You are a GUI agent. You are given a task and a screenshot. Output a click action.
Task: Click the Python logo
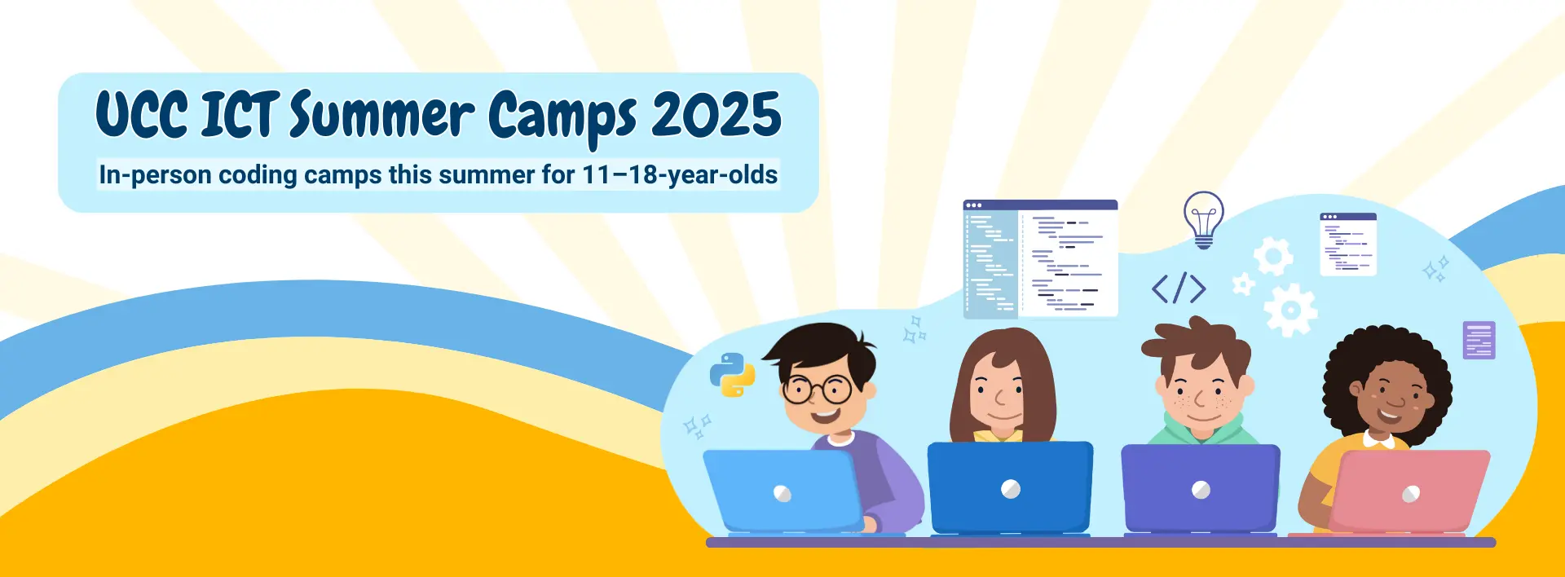click(732, 375)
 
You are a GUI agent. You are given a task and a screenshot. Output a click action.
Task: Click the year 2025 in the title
click(716, 115)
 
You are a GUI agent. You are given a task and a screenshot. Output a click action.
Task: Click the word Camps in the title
click(562, 119)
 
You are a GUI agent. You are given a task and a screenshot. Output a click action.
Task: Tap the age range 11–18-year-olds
click(680, 175)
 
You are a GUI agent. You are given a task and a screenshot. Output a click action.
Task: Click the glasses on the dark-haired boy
click(817, 389)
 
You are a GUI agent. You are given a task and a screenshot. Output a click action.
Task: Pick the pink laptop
click(1408, 492)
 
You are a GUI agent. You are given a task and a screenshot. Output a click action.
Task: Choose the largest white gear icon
click(1290, 310)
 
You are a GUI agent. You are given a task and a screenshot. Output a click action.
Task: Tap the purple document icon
click(1479, 340)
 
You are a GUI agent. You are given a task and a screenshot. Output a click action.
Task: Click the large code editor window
click(1040, 258)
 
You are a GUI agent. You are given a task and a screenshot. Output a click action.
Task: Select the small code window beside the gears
click(1348, 244)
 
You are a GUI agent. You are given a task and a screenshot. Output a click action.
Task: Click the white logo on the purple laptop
click(1201, 490)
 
